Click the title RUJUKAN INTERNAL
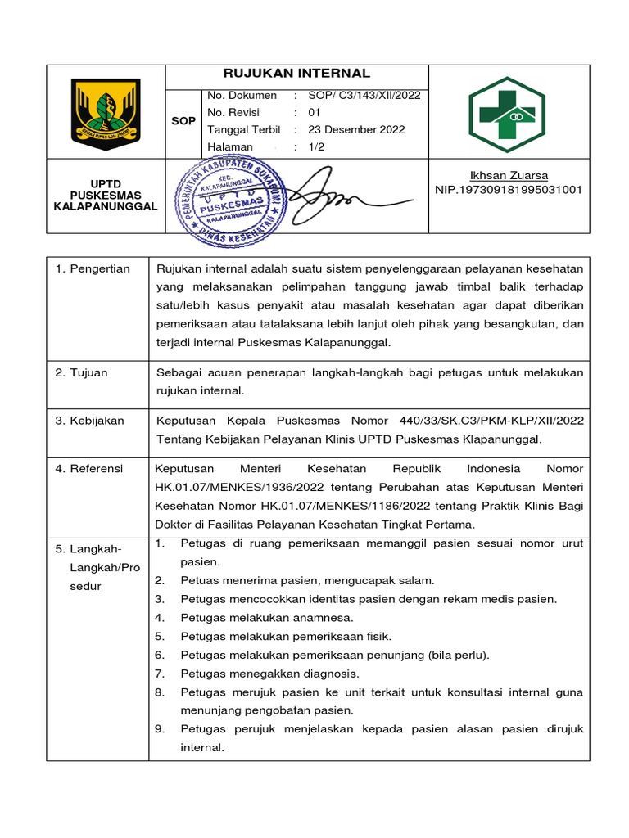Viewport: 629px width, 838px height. click(x=296, y=74)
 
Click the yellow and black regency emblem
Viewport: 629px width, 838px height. click(x=106, y=111)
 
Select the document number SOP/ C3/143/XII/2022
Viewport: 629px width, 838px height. click(x=364, y=95)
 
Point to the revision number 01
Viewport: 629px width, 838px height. click(x=314, y=112)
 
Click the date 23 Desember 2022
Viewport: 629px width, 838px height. click(x=356, y=129)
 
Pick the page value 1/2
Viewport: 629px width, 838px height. click(x=317, y=146)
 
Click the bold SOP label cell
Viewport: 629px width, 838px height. click(x=183, y=121)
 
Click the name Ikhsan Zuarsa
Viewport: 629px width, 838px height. click(x=509, y=176)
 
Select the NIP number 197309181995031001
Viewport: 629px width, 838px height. click(x=509, y=190)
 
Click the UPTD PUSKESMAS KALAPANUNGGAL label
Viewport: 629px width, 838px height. click(x=105, y=196)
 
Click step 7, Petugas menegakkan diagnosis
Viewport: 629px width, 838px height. click(x=269, y=674)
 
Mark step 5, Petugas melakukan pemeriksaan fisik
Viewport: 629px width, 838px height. click(x=286, y=636)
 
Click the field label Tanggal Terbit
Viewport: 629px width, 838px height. click(x=244, y=129)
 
